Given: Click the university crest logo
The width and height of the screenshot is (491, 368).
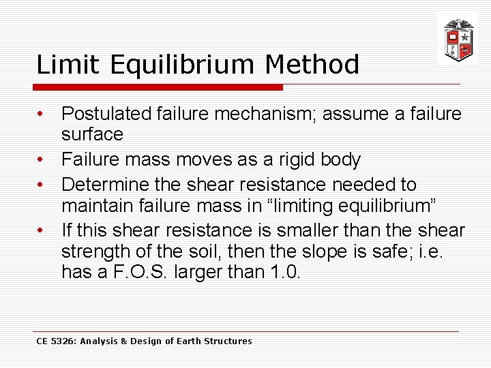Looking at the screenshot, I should click(x=457, y=39).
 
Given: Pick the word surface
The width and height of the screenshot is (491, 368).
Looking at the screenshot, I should click(x=92, y=134).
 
